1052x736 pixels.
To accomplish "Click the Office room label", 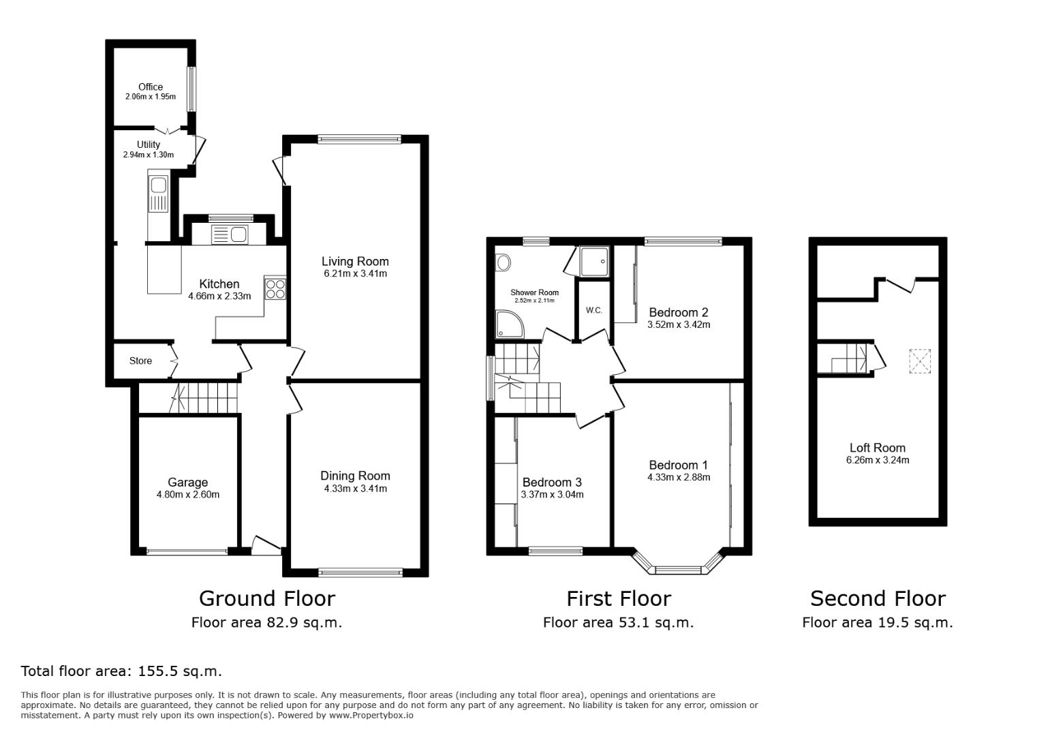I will click(151, 87).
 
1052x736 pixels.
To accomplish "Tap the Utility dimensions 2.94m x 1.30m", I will click(149, 155).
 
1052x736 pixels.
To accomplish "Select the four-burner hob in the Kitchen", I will click(275, 289).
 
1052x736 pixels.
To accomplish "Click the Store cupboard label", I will click(141, 361).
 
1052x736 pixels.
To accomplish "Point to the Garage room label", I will click(187, 482).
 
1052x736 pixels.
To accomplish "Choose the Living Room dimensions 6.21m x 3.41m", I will click(355, 274).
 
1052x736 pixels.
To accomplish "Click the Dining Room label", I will click(355, 476).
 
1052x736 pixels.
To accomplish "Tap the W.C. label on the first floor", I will click(593, 311).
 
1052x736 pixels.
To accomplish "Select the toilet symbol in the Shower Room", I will click(504, 262).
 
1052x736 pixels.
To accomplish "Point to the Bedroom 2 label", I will click(678, 312).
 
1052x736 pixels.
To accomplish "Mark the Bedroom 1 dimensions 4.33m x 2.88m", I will click(679, 478).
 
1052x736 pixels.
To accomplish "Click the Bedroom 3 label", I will click(552, 482).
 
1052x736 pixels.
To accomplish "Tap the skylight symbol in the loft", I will click(920, 361).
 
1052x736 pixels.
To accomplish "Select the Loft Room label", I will click(877, 448).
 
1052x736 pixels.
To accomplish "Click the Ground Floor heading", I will click(266, 598).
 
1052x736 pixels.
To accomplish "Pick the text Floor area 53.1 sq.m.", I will click(618, 622).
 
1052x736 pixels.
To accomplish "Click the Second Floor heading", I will click(878, 598).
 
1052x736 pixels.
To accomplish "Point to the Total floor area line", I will click(121, 671).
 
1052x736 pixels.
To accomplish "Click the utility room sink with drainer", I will click(158, 193).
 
